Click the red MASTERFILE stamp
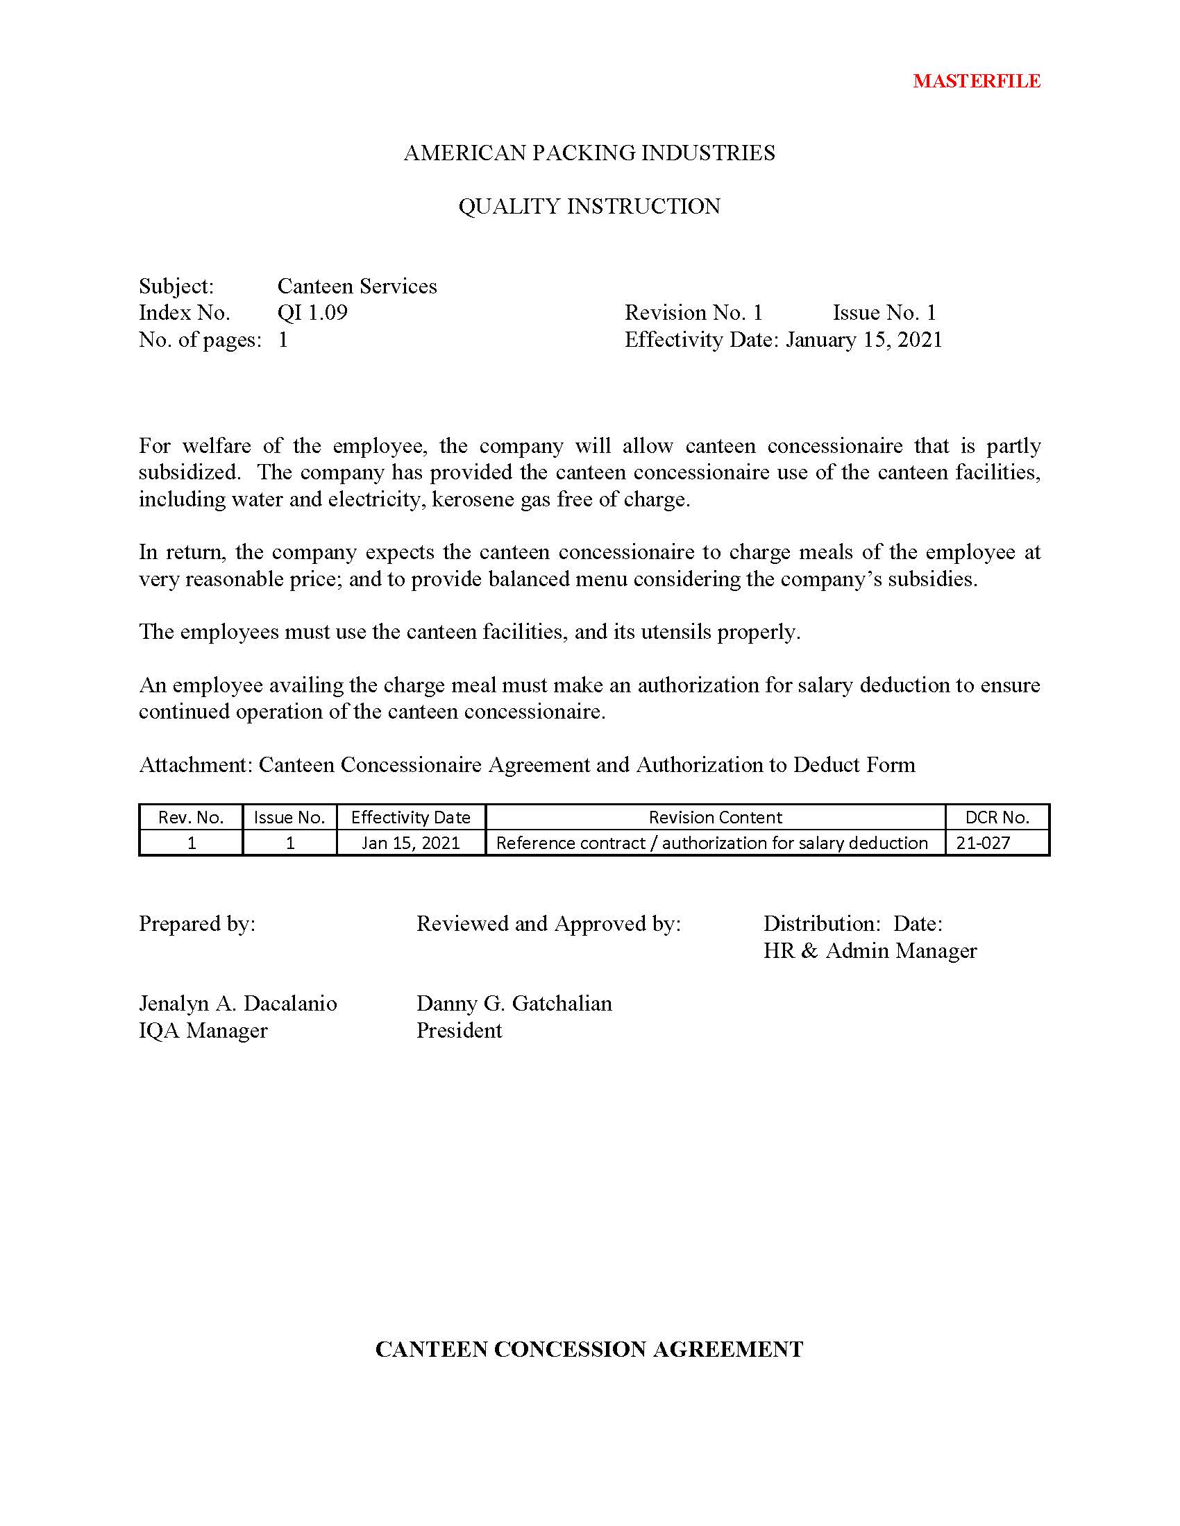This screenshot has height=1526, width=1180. (x=976, y=81)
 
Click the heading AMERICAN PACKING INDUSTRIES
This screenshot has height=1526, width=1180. (x=589, y=153)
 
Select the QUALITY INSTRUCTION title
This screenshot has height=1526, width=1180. (x=589, y=207)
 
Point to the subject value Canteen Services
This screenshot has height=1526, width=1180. (x=357, y=286)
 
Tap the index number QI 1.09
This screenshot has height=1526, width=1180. (x=312, y=312)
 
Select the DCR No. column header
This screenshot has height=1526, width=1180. (x=997, y=817)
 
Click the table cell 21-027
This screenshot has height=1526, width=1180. (x=983, y=843)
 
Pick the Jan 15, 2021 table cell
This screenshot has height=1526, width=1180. (x=410, y=843)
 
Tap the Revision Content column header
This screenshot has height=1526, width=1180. (x=714, y=817)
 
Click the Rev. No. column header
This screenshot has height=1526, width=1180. (x=191, y=817)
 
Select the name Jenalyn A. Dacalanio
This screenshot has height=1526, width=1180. (x=237, y=1004)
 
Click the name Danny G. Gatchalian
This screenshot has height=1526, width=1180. (x=514, y=1004)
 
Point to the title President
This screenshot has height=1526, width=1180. (x=459, y=1031)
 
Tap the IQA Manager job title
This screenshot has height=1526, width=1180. (x=203, y=1031)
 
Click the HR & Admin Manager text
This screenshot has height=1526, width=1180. (x=870, y=951)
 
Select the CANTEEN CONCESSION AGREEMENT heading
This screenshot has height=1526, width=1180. (x=589, y=1349)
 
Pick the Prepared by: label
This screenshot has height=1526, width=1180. (x=197, y=924)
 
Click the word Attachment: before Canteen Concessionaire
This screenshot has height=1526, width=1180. (x=195, y=764)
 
